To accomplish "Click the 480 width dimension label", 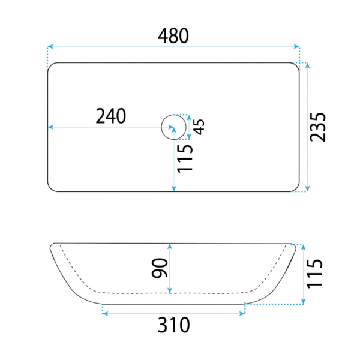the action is [173, 36].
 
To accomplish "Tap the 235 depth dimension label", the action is [317, 127].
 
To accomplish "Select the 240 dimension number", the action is [110, 116].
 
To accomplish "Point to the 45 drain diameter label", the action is [199, 127].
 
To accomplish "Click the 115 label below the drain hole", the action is [185, 158].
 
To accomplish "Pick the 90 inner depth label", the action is [160, 268].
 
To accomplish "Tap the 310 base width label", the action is [174, 325].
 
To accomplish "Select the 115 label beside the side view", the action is [314, 274].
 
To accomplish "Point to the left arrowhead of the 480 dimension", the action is [50, 47].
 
